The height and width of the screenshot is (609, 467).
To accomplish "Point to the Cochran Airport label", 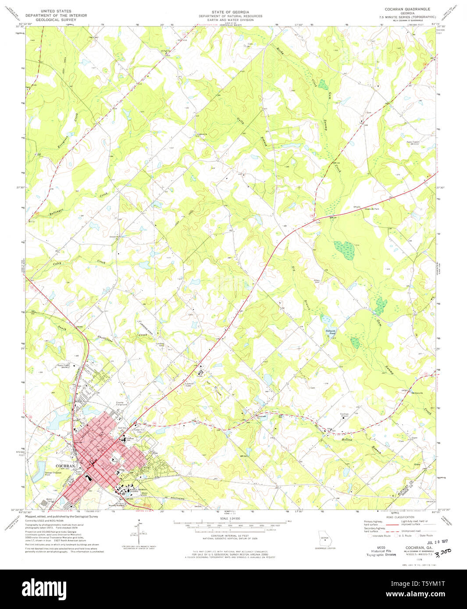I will pyautogui.click(x=344, y=415).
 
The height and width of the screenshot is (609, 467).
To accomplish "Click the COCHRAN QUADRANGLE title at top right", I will pyautogui.click(x=407, y=9).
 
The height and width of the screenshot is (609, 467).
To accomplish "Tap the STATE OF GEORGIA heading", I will pyautogui.click(x=230, y=12).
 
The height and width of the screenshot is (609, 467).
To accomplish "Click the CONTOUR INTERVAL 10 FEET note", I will pyautogui.click(x=230, y=535).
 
